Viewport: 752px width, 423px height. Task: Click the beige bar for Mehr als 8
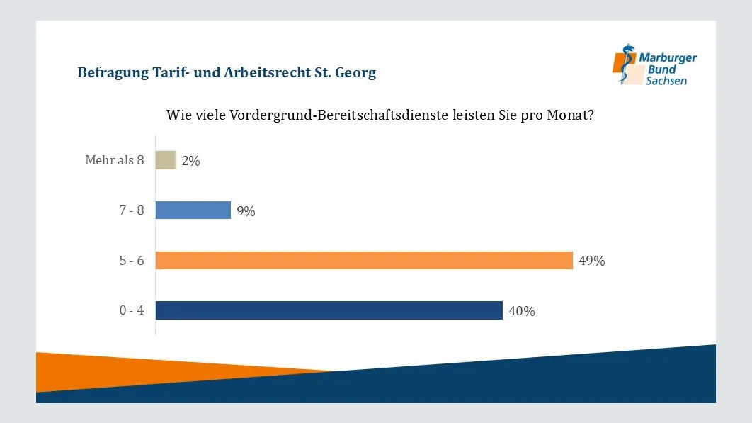click(165, 160)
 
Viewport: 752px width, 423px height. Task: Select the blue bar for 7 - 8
click(193, 210)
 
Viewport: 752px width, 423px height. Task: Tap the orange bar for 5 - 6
click(363, 260)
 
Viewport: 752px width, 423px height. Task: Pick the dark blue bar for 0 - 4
click(329, 310)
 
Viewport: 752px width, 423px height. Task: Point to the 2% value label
click(190, 161)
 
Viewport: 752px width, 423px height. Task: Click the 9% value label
click(246, 211)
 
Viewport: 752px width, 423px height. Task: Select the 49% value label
click(591, 261)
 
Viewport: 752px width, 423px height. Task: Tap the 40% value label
click(521, 311)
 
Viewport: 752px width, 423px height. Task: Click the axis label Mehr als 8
click(114, 160)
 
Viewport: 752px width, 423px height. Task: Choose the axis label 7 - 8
click(132, 210)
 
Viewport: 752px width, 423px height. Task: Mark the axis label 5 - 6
click(132, 261)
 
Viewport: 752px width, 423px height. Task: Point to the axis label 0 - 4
click(132, 310)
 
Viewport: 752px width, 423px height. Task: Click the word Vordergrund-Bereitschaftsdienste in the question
click(339, 115)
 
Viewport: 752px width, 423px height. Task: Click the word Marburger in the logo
click(668, 58)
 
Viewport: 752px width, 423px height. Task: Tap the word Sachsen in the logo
click(666, 81)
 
